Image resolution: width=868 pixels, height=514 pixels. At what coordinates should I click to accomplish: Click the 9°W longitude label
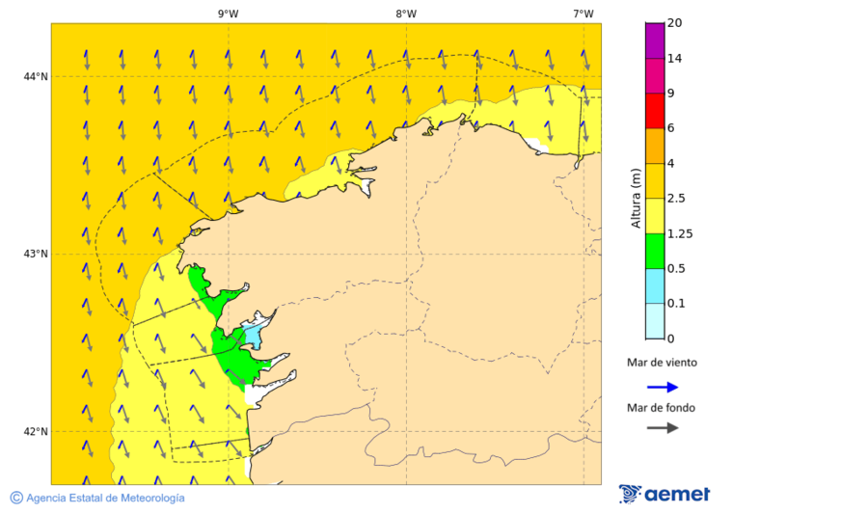[x=229, y=14]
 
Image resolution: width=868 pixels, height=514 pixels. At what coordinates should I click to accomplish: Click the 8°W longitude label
[x=406, y=14]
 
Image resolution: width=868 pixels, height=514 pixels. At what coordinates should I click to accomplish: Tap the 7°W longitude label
[x=583, y=14]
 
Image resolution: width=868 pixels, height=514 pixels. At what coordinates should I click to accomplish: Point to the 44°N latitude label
[x=36, y=76]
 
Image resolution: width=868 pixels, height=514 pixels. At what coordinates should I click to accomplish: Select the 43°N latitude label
[x=36, y=254]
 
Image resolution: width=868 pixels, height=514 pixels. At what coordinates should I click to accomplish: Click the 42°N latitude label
[x=36, y=431]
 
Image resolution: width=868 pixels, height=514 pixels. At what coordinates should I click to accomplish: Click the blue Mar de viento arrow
[x=663, y=387]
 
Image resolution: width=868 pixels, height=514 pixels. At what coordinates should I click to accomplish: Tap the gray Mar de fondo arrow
[x=663, y=428]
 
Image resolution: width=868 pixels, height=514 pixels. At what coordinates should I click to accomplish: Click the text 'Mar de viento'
[x=661, y=364]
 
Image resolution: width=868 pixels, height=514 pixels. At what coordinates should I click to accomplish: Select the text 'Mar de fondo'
[x=661, y=408]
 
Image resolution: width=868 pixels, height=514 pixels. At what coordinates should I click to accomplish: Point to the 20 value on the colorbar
[x=675, y=23]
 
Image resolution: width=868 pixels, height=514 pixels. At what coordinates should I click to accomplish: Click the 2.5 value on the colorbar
[x=678, y=199]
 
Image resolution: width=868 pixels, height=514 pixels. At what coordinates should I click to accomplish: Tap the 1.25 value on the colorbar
[x=681, y=233]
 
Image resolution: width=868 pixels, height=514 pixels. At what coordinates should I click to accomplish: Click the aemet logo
[x=665, y=494]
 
